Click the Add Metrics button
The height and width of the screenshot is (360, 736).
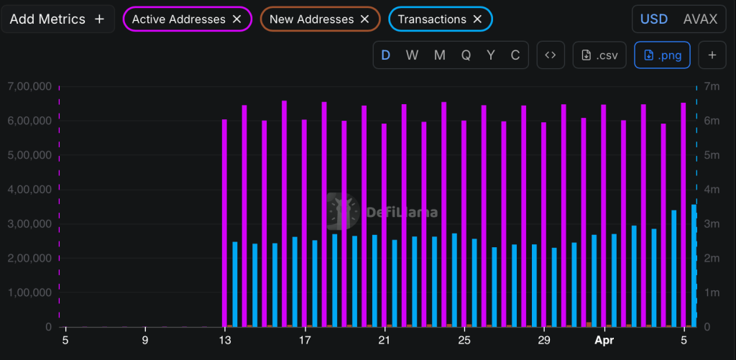pos(57,19)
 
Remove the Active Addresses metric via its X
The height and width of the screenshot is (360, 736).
pos(236,19)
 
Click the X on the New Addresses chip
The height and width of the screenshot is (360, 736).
pos(364,19)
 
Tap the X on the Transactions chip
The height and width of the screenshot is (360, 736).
pos(477,19)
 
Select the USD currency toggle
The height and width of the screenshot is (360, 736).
pos(653,19)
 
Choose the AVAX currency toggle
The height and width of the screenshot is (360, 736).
pos(699,19)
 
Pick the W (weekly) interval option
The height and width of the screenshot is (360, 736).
pos(412,55)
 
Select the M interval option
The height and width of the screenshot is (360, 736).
pos(439,55)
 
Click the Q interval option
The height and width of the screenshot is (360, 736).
pos(466,55)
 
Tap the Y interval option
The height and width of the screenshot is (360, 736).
pos(490,55)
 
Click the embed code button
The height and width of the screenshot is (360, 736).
pos(551,55)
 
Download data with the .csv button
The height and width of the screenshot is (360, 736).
pos(599,55)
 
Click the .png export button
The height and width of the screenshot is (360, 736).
pos(662,55)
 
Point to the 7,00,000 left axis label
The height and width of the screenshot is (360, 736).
pos(28,86)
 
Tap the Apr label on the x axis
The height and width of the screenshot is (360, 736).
pos(604,340)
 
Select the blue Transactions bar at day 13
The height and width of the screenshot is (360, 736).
pos(234,284)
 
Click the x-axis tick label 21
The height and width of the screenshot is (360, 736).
pos(385,340)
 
